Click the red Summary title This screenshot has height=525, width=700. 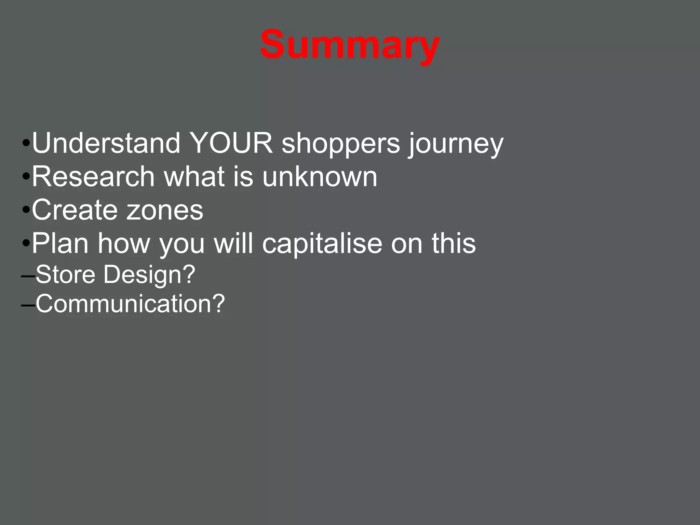coord(350,45)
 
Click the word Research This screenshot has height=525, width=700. coord(93,177)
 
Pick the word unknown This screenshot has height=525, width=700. coord(320,177)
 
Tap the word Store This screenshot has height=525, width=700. coord(65,274)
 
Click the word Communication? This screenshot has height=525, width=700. coord(130,304)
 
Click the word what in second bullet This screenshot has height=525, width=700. coord(194,177)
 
